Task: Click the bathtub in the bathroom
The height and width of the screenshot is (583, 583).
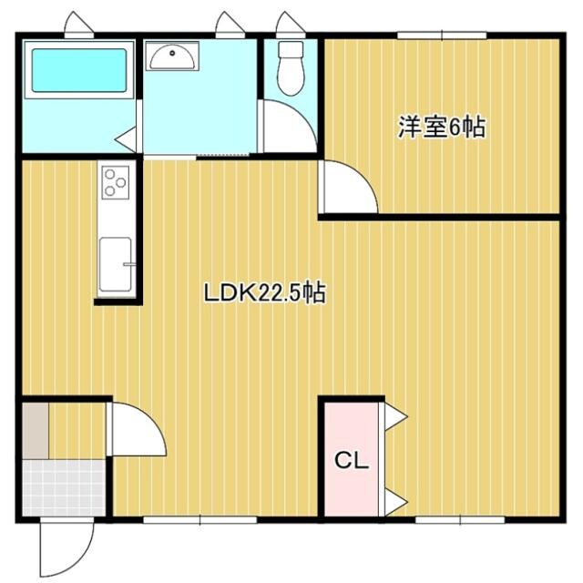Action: point(79,70)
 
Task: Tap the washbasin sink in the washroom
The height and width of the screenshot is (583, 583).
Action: point(170,57)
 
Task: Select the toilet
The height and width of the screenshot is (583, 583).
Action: point(291,68)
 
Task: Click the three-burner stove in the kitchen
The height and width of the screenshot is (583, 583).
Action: point(116,182)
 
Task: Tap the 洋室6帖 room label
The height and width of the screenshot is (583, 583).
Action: point(441,128)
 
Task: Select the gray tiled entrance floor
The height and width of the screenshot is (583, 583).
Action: point(65,489)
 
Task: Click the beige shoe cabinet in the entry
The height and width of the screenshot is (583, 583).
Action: point(35,429)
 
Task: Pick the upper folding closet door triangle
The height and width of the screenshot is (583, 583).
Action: point(394,416)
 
